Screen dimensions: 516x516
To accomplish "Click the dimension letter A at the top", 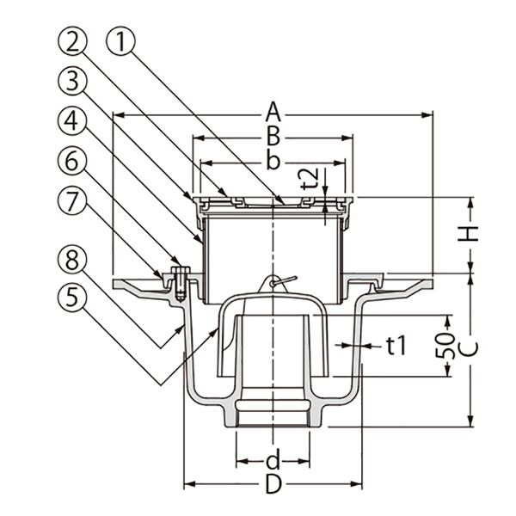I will (273, 112).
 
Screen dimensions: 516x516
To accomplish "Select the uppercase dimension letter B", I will (273, 136).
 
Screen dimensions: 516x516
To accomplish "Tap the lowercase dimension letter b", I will (273, 160).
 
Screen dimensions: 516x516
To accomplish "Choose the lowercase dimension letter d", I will (273, 458).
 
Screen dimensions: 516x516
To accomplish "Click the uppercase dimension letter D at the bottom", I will (273, 484).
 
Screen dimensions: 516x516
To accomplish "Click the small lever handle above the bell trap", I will (281, 279).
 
